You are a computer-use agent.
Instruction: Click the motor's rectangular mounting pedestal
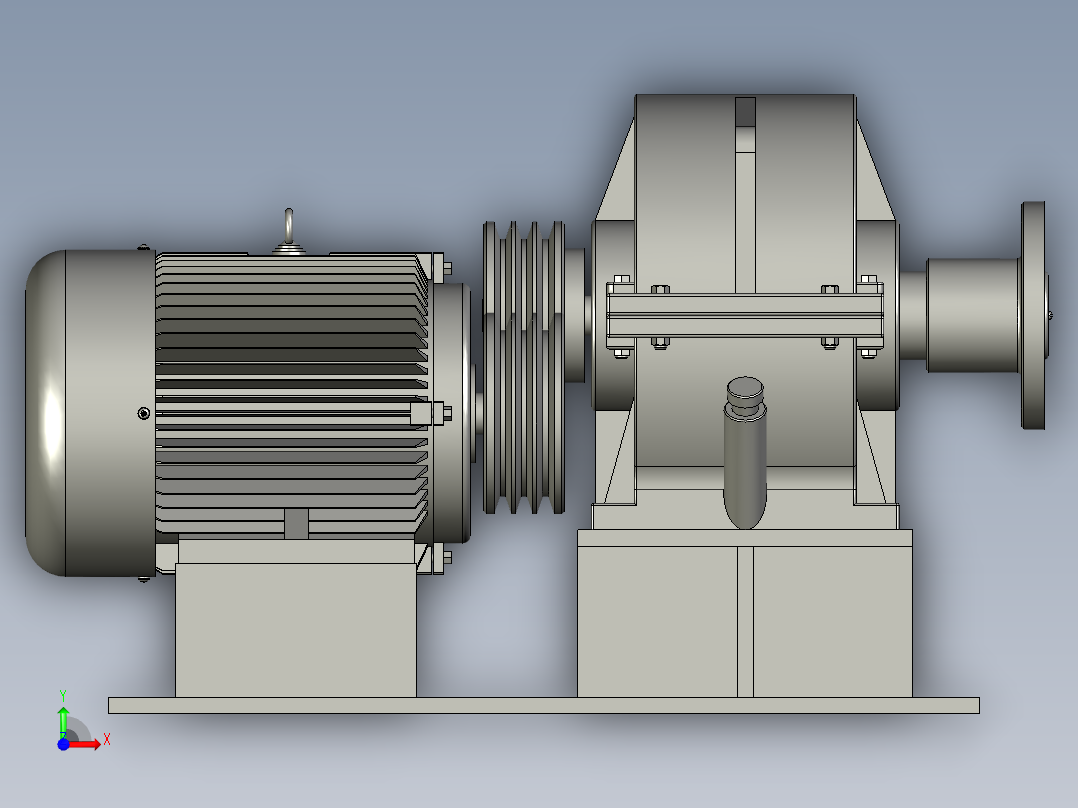tap(295, 630)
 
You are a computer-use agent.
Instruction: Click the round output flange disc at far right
tap(1033, 315)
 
